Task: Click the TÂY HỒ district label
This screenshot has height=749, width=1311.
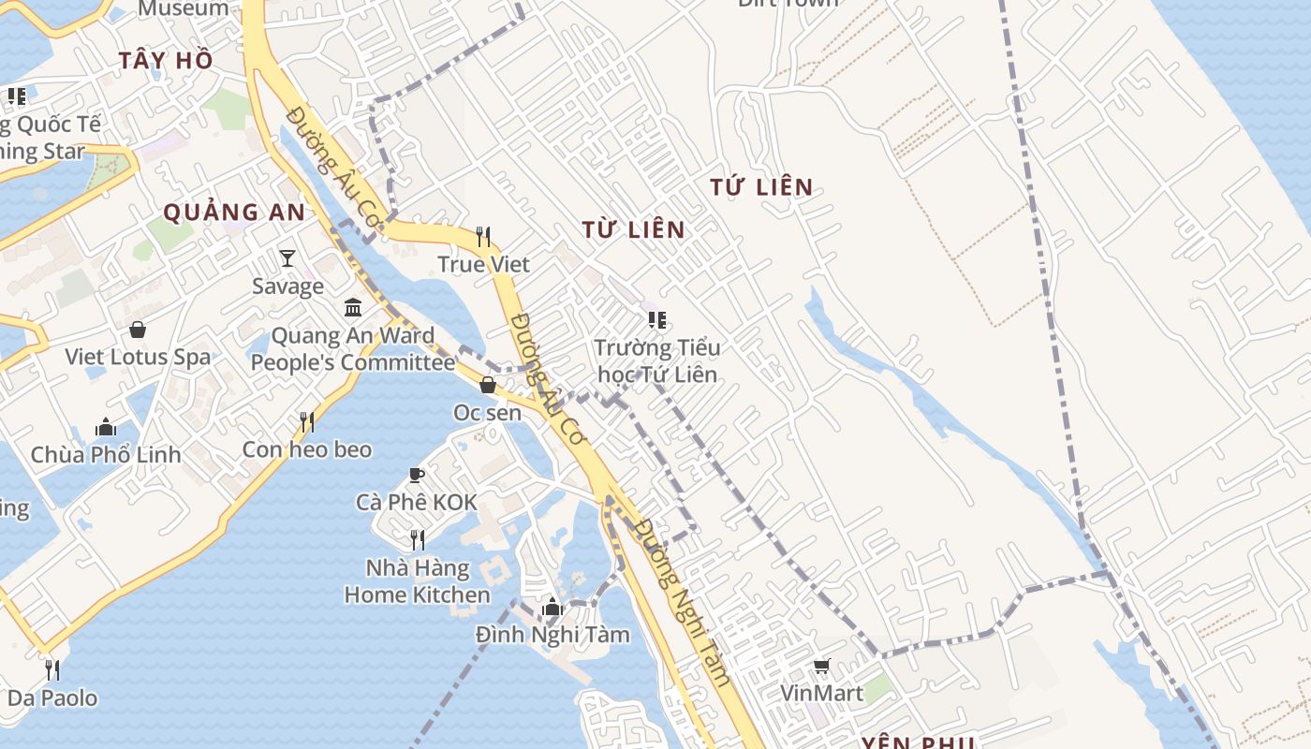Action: pos(166,61)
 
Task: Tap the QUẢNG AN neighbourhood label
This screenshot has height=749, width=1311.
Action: pos(234,213)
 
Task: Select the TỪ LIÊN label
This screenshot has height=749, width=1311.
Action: pos(633,229)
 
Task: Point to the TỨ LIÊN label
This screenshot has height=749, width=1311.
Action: pos(761,187)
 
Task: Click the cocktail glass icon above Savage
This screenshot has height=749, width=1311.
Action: pos(287,257)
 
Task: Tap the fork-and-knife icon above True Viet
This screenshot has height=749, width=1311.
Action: pos(483,236)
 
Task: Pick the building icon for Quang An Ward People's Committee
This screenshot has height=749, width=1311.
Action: pos(353,307)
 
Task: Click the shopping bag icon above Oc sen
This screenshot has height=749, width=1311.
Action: pos(488,384)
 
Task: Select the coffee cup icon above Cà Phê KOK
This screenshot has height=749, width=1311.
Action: pos(417,475)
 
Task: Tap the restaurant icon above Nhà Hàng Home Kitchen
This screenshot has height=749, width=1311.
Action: pos(418,539)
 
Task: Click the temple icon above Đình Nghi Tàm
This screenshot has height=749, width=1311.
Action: pos(552,607)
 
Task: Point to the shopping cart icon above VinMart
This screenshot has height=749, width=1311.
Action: pos(821,666)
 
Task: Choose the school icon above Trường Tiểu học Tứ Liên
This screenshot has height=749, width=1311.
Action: pos(657,320)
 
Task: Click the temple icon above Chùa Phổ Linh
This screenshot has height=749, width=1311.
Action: pos(106,427)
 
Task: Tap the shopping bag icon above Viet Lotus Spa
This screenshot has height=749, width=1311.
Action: pos(138,330)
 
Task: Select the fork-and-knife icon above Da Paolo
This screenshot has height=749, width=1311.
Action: pos(52,669)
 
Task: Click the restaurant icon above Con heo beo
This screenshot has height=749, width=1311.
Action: pos(307,422)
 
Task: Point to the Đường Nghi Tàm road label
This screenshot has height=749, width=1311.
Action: pos(681,603)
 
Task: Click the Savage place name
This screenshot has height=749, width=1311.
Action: pos(287,286)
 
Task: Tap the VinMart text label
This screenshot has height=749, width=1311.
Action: pos(821,694)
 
